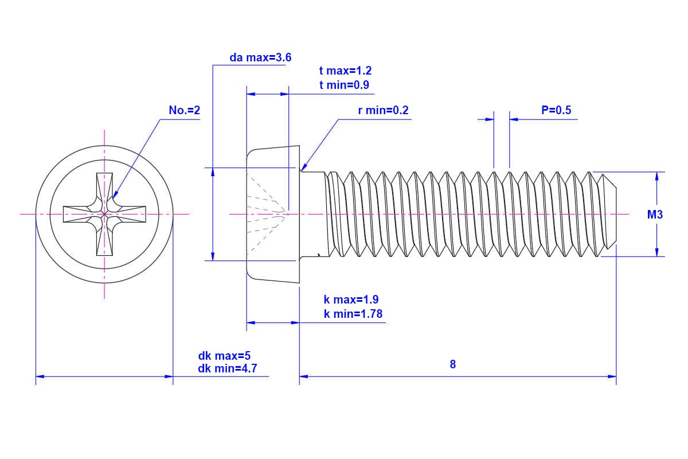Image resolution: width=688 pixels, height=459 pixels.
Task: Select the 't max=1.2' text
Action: click(345, 71)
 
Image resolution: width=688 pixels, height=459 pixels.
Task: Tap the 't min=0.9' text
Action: click(344, 85)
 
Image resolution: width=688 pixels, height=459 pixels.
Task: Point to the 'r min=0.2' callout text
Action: click(383, 110)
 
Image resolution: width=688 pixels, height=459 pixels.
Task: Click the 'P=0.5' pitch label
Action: click(556, 110)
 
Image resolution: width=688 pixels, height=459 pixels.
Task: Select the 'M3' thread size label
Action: click(655, 215)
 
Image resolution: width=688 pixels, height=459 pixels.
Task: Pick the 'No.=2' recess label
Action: click(185, 110)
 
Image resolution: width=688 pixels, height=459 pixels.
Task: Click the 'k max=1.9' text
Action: click(351, 299)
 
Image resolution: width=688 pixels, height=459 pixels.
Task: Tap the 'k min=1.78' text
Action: click(353, 314)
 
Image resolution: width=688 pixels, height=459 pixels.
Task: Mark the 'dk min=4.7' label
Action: click(227, 368)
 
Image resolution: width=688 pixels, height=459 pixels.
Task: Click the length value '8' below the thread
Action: click(453, 364)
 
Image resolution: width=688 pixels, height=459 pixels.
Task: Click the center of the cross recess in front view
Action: click(104, 215)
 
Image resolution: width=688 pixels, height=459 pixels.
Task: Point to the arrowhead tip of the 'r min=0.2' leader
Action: click(302, 170)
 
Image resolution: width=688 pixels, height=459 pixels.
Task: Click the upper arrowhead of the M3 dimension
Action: click(656, 175)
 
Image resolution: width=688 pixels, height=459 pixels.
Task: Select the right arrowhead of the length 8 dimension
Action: click(613, 376)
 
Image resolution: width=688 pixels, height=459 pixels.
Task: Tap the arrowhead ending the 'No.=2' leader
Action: click(114, 197)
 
